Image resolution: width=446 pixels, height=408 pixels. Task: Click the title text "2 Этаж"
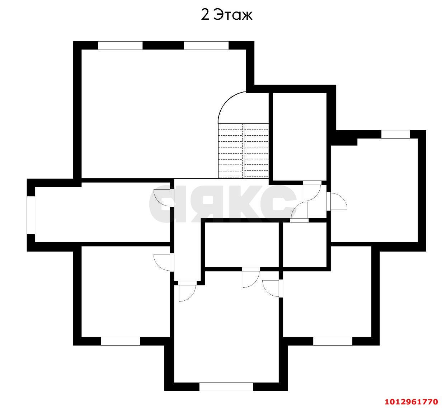click(226, 15)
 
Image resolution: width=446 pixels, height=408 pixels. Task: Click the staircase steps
click(244, 151)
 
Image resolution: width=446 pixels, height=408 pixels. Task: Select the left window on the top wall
click(120, 46)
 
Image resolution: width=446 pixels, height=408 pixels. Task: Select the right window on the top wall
click(206, 46)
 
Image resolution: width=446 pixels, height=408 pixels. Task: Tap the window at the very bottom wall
click(226, 387)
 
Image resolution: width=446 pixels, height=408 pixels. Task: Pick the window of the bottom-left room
click(121, 341)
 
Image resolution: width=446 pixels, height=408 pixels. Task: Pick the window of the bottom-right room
click(333, 341)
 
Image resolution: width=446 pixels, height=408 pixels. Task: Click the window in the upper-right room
click(395, 134)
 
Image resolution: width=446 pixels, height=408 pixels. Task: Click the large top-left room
click(151, 115)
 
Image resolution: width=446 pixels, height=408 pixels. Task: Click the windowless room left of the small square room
click(242, 245)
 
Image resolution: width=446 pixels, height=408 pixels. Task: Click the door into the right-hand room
click(337, 201)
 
